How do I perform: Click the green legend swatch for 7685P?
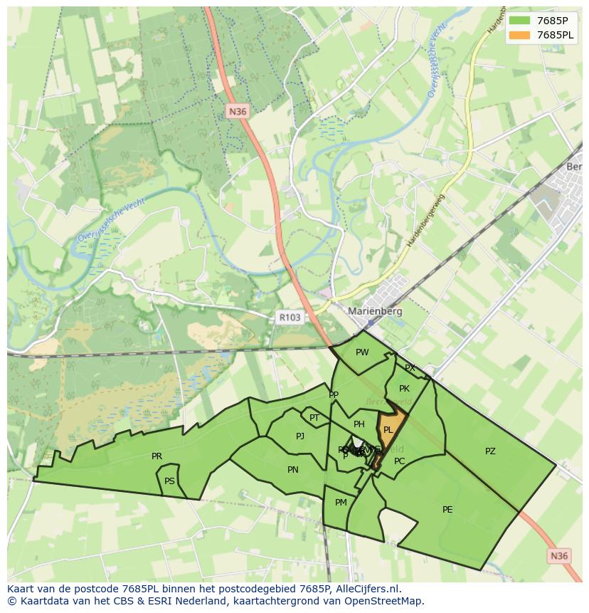click(519, 21)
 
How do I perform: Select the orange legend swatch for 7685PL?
click(519, 35)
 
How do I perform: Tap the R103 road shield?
click(290, 318)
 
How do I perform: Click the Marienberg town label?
click(375, 311)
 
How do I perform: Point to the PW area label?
click(362, 352)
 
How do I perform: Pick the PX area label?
click(410, 368)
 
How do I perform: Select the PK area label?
click(404, 389)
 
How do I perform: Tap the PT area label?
click(314, 418)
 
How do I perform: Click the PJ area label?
click(300, 436)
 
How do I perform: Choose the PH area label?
click(359, 424)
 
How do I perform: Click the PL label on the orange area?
click(388, 430)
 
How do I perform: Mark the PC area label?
click(400, 461)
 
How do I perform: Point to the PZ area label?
click(490, 451)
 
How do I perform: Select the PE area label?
click(447, 509)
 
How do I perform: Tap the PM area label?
click(341, 502)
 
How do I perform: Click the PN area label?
click(293, 469)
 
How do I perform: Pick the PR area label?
click(156, 456)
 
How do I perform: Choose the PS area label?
click(169, 481)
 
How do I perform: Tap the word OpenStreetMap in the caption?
click(385, 601)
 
